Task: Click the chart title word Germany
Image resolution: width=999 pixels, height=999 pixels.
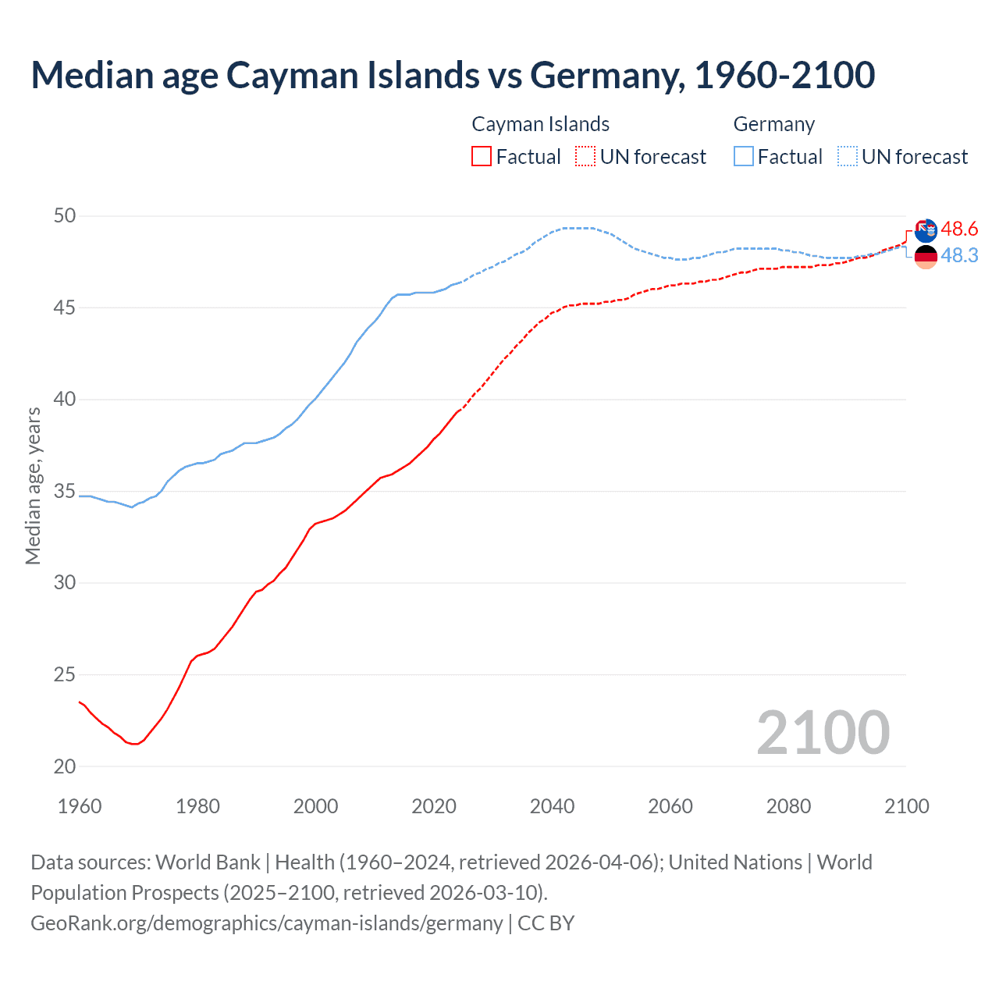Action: click(x=608, y=76)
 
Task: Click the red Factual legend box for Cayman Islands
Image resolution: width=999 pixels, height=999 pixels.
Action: click(x=482, y=156)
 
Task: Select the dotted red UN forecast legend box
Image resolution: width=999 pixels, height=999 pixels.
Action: click(x=585, y=156)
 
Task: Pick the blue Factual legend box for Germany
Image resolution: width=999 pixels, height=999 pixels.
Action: click(x=744, y=156)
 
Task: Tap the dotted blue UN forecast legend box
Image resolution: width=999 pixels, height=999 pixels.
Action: click(x=848, y=156)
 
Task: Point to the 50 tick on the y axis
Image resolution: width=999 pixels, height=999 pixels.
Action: click(x=65, y=215)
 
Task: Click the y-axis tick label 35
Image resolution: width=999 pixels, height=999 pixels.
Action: click(x=65, y=491)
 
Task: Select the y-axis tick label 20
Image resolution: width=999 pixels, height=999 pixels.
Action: click(x=65, y=766)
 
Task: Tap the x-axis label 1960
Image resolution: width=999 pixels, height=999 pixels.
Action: click(x=80, y=806)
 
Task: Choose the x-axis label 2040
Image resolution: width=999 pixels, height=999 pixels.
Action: click(x=552, y=806)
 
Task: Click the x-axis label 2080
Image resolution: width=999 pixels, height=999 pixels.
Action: click(x=788, y=806)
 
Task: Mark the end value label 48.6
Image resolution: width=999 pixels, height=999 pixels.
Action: click(x=959, y=229)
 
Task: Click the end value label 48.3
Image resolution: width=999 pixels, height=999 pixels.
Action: click(x=959, y=255)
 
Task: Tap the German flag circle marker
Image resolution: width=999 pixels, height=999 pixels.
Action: click(x=926, y=257)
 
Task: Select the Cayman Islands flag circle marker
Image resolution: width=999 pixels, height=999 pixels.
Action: click(x=926, y=231)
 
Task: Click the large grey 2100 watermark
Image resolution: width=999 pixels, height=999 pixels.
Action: click(x=823, y=732)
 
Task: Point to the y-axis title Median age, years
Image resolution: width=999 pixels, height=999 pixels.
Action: click(x=33, y=485)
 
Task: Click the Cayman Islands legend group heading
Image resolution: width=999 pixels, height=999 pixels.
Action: click(x=540, y=124)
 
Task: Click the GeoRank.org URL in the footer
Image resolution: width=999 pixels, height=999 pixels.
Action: click(x=266, y=923)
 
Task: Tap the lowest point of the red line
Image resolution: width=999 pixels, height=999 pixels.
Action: click(x=135, y=744)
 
